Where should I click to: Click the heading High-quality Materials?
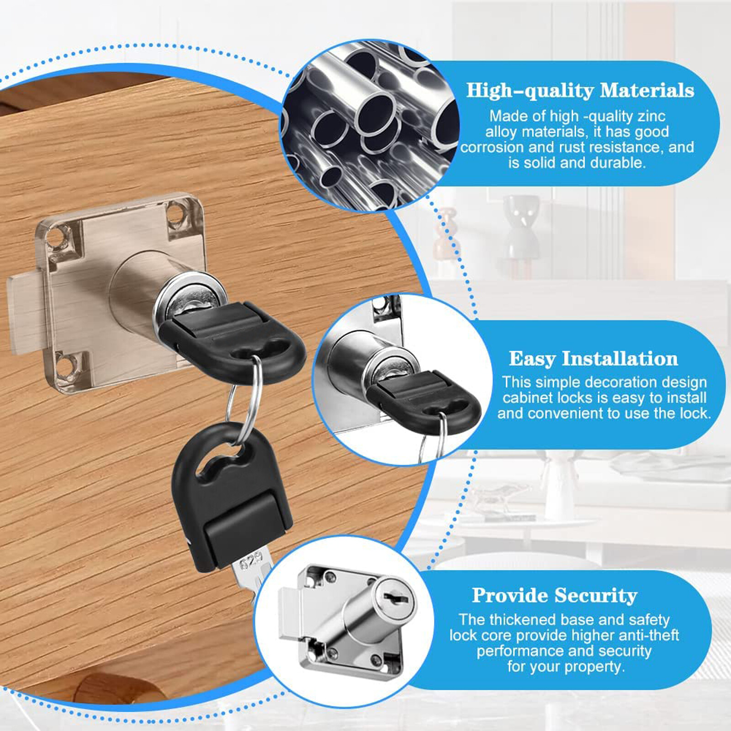pyautogui.click(x=580, y=90)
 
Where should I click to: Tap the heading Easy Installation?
pyautogui.click(x=593, y=359)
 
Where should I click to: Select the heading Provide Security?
pyautogui.click(x=554, y=595)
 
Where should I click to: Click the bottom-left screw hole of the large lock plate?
pyautogui.click(x=65, y=366)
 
